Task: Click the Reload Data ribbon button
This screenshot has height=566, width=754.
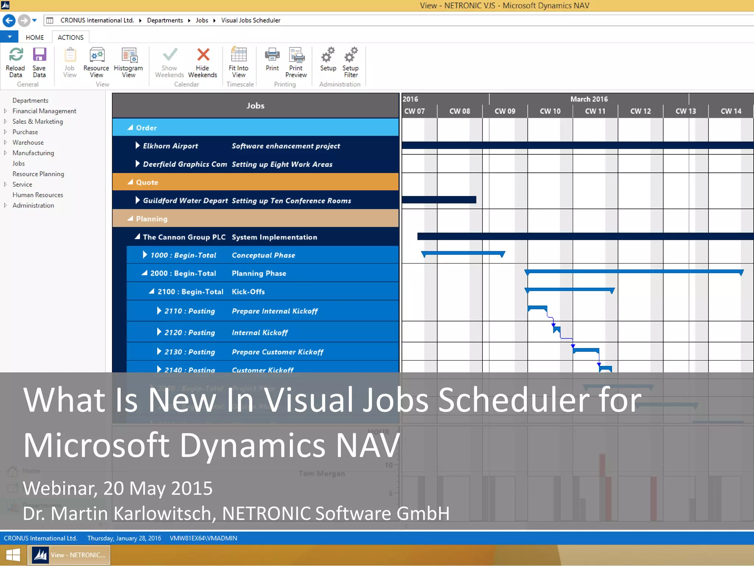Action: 15,62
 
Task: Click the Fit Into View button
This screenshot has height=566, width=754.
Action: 239,62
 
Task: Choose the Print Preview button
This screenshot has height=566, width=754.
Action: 296,62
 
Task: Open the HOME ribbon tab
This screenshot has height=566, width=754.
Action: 35,37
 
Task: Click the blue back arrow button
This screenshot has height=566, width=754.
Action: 9,20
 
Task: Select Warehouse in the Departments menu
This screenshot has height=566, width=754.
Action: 28,142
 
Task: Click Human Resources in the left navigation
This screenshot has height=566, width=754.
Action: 38,195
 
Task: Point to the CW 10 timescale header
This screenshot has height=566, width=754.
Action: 550,111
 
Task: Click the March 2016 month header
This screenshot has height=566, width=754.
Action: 589,99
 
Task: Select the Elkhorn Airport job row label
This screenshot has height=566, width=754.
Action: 170,146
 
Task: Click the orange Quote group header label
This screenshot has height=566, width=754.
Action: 147,182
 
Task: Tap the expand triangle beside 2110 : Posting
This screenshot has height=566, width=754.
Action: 159,311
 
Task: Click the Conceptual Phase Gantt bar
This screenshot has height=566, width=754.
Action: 463,253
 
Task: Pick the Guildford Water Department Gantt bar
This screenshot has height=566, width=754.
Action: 439,200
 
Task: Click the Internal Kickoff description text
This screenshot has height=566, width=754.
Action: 260,332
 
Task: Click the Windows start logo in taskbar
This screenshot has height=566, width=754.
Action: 13,555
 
